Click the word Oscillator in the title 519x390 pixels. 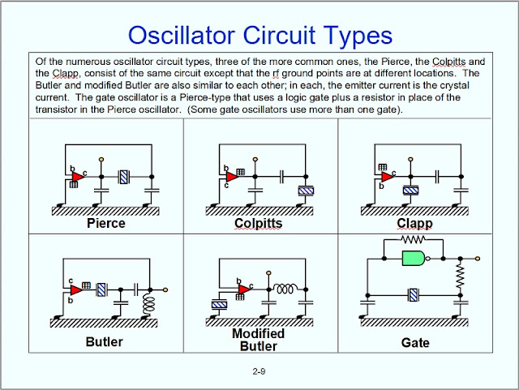[x=182, y=35]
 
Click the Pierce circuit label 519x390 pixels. [x=106, y=223]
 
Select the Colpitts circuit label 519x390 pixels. [x=258, y=224]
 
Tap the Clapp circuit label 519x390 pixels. [x=414, y=224]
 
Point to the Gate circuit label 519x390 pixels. [x=415, y=343]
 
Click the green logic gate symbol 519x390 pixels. [x=414, y=258]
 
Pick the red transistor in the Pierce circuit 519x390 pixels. [x=78, y=177]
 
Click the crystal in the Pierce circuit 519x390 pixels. [x=124, y=177]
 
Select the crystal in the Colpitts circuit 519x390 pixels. [x=306, y=191]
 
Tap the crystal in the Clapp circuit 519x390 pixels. [x=411, y=191]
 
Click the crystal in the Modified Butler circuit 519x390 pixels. [x=219, y=304]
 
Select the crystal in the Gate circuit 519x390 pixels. [x=414, y=295]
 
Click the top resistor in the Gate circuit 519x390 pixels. [x=413, y=239]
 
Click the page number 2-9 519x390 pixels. [x=259, y=371]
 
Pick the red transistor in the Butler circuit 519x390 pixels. [x=76, y=290]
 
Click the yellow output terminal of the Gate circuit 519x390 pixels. [x=478, y=258]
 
